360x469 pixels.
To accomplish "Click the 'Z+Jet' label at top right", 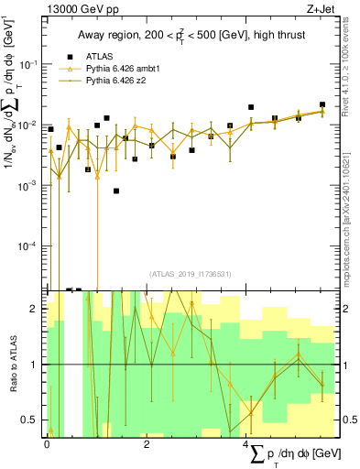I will (x=333, y=8).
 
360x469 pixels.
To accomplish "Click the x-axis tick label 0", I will (x=47, y=443).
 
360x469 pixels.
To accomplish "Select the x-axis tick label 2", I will (x=147, y=443).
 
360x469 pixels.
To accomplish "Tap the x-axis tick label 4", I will (x=246, y=443).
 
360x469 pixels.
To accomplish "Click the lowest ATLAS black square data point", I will (x=116, y=191).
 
